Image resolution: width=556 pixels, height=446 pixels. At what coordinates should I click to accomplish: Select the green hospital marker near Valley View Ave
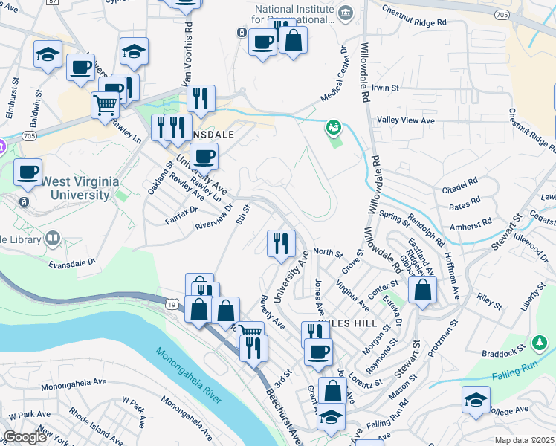pyautogui.click(x=333, y=128)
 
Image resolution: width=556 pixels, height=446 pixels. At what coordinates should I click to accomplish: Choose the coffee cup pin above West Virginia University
pyautogui.click(x=28, y=172)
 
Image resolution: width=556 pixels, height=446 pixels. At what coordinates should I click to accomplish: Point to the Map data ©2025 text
pyautogui.click(x=524, y=440)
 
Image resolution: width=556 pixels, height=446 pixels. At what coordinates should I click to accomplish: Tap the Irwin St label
pyautogui.click(x=386, y=88)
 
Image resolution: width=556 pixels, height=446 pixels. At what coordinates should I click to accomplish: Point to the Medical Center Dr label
pyautogui.click(x=334, y=77)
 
